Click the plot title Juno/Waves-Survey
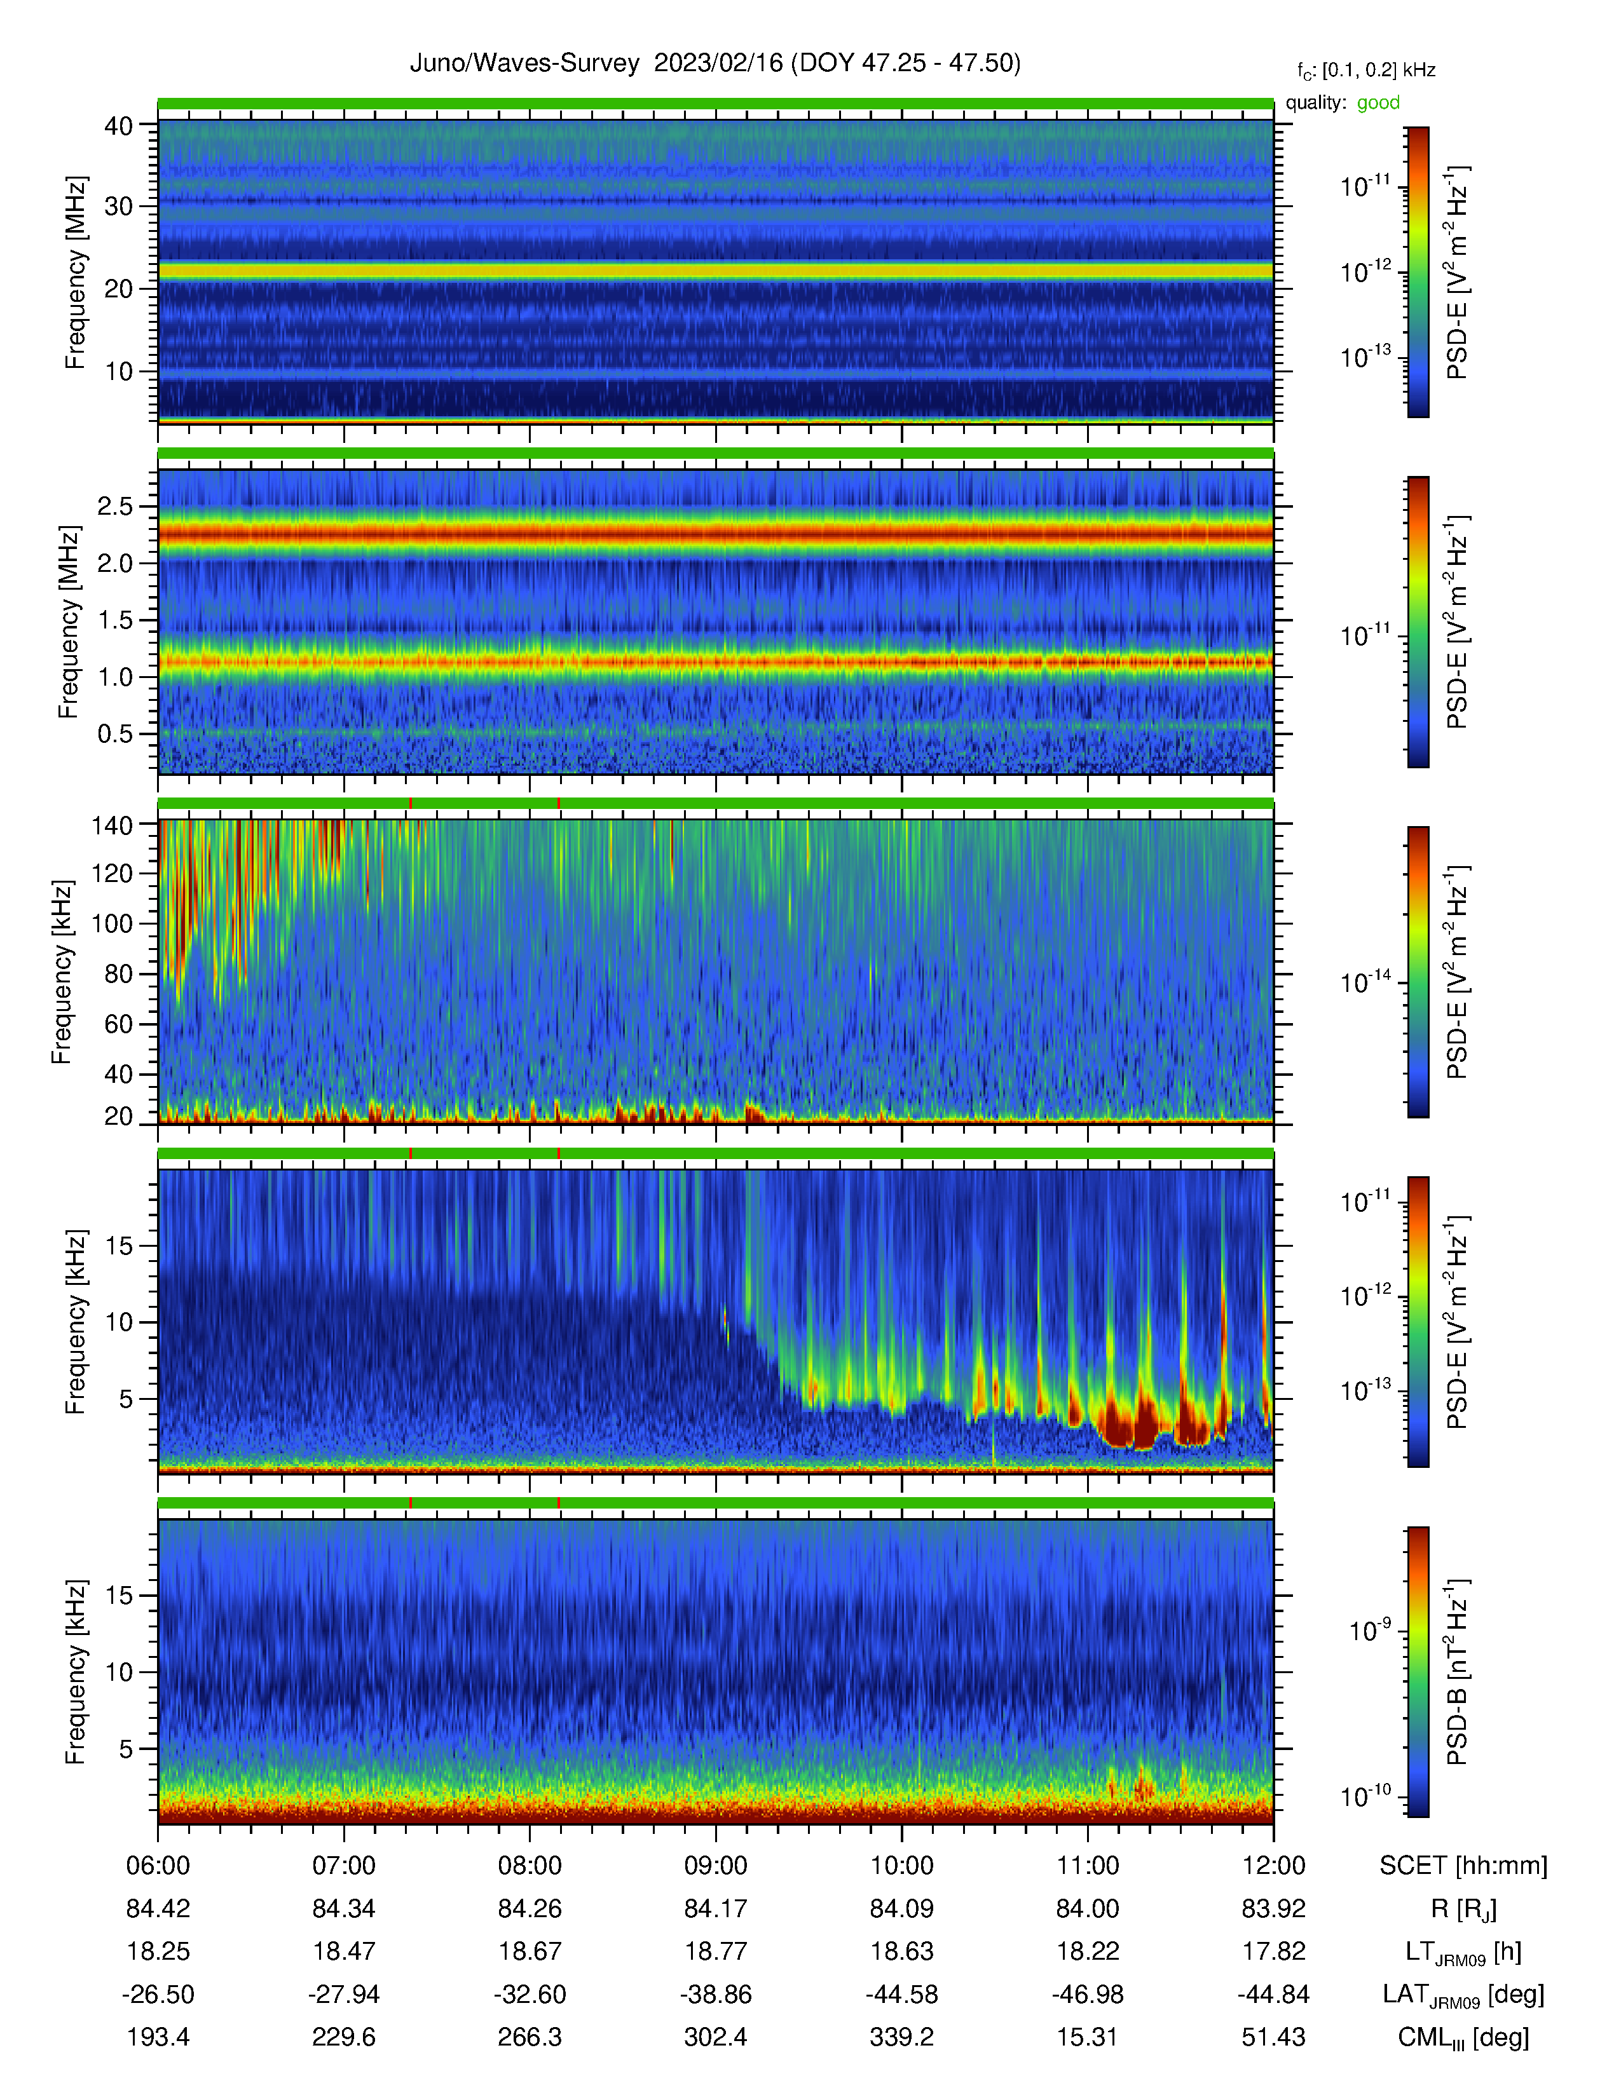(524, 64)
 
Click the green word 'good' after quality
(1378, 103)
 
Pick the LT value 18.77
(715, 1951)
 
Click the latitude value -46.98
(1087, 1994)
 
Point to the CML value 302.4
(715, 2037)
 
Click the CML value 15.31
(1087, 2037)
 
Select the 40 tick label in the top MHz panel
(119, 126)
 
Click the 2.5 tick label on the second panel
(114, 506)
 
